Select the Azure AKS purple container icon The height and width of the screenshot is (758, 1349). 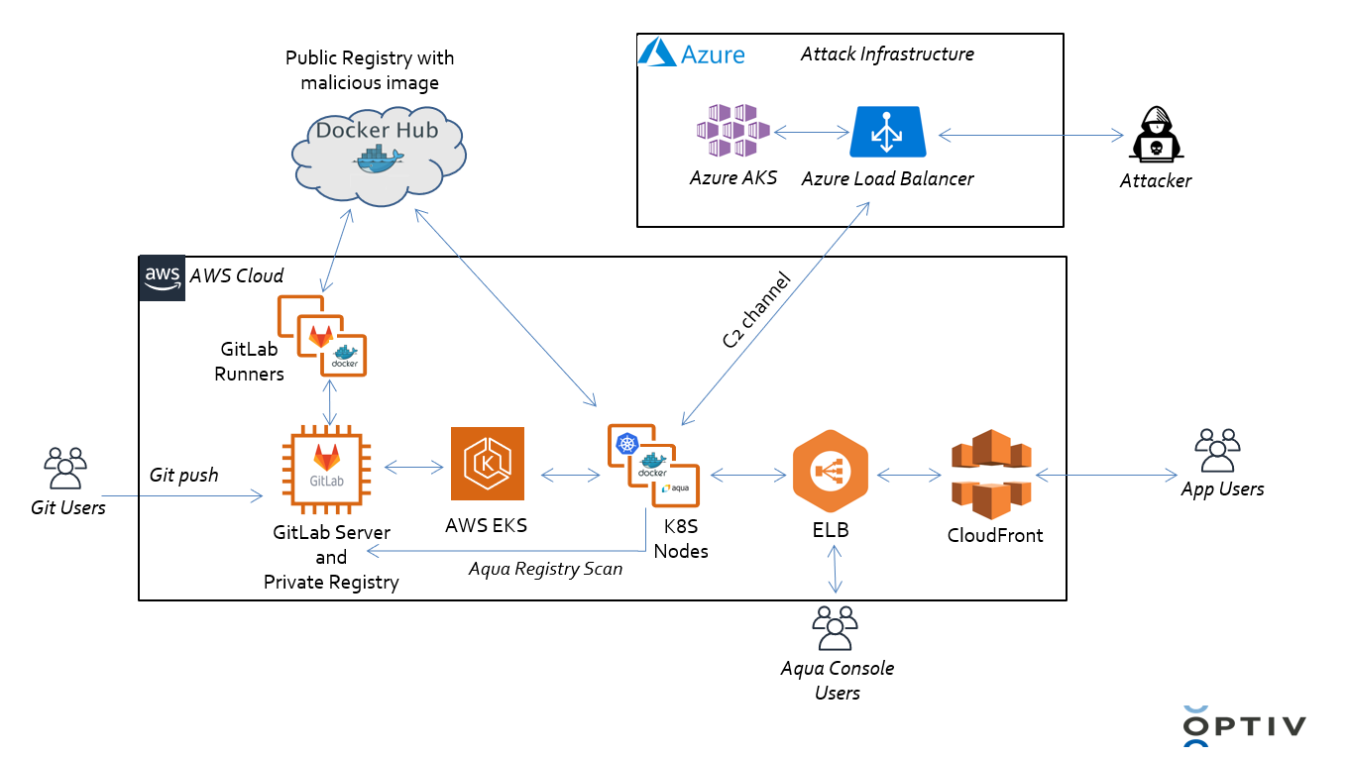pyautogui.click(x=733, y=131)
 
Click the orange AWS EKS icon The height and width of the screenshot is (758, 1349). pyautogui.click(x=487, y=464)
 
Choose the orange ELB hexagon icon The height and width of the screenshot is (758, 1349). pyautogui.click(x=831, y=473)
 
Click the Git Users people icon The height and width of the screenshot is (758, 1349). pyautogui.click(x=65, y=468)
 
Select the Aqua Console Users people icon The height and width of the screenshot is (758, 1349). pyautogui.click(x=835, y=628)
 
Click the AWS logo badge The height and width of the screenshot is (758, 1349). pyautogui.click(x=163, y=277)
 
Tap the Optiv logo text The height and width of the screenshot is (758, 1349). pyautogui.click(x=1245, y=726)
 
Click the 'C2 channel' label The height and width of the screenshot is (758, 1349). pyautogui.click(x=756, y=309)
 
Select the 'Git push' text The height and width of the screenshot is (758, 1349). pyautogui.click(x=183, y=476)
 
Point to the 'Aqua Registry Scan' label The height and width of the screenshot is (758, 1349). pyautogui.click(x=545, y=569)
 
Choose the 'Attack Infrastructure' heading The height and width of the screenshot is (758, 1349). pyautogui.click(x=887, y=54)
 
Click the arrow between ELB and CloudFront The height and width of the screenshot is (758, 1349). pyautogui.click(x=909, y=476)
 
